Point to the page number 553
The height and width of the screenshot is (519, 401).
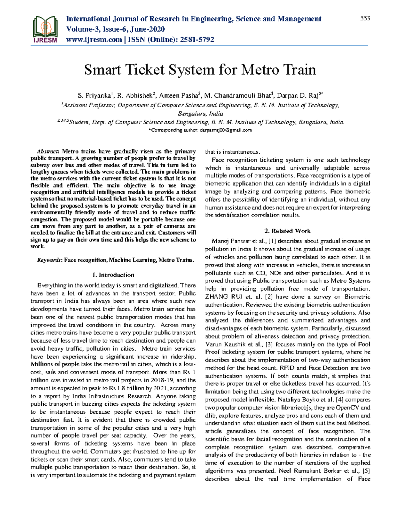tap(365, 18)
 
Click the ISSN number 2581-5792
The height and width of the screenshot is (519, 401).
tap(197, 40)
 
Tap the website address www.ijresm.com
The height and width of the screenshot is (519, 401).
tap(94, 40)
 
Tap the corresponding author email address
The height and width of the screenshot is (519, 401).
tap(226, 130)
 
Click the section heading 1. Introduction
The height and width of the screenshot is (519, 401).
tap(113, 275)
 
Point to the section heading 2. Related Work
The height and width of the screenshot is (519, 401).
tap(287, 231)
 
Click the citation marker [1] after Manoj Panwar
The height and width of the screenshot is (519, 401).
tap(272, 241)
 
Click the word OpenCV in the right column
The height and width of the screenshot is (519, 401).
tap(348, 408)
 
